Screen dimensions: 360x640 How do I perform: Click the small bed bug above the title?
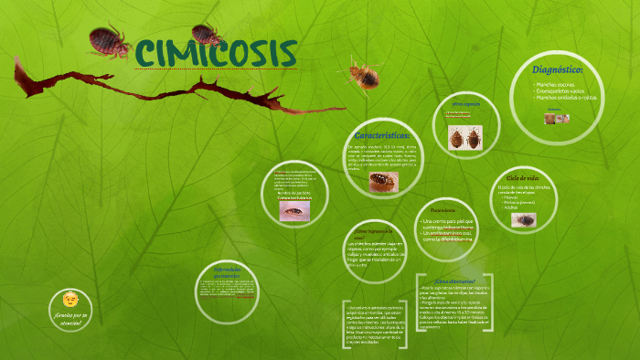[x=208, y=34]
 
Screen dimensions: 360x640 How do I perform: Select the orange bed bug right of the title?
[x=362, y=72]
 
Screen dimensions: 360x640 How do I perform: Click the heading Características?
[x=381, y=134]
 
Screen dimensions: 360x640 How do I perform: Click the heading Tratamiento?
[x=435, y=209]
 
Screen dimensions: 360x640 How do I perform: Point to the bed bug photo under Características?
[x=382, y=181]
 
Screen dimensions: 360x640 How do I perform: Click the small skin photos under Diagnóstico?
[x=557, y=119]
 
